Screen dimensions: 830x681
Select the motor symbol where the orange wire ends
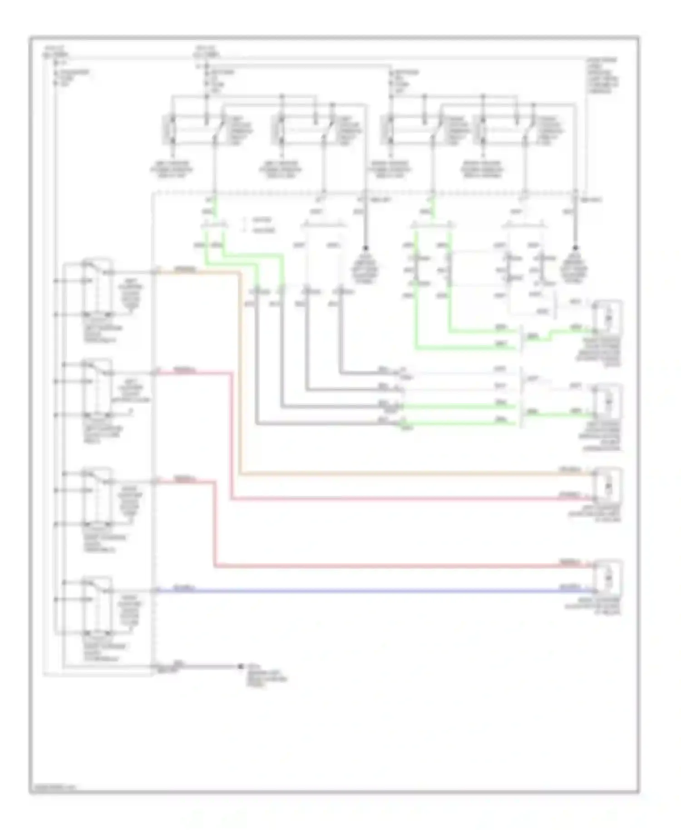click(x=608, y=486)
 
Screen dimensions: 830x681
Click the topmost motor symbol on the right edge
click(x=608, y=316)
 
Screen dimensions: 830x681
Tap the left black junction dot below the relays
click(x=365, y=248)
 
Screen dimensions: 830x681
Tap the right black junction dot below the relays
click(x=575, y=248)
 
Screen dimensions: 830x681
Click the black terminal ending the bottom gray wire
click(x=241, y=667)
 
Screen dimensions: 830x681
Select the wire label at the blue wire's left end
click(x=184, y=588)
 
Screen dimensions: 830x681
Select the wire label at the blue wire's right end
click(x=570, y=587)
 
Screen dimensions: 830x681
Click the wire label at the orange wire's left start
click(x=184, y=270)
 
